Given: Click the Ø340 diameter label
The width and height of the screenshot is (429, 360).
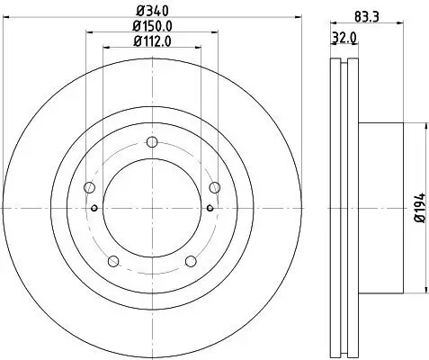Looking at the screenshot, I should (x=150, y=11).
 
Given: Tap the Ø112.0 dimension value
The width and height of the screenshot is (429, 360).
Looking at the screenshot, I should (x=150, y=41).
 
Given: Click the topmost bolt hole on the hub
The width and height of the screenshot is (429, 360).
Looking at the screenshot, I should (x=151, y=141).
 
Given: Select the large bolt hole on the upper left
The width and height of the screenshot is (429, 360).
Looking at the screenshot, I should (x=89, y=187).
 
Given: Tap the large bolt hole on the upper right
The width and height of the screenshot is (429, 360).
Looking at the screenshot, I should (x=214, y=187).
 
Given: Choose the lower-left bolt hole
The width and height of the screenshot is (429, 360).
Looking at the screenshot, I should (x=112, y=261).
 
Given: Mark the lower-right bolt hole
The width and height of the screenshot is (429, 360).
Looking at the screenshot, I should (x=190, y=261).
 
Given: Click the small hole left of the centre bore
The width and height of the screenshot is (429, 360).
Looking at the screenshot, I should (x=94, y=208).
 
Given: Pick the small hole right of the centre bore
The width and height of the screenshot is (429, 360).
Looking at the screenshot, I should (x=209, y=208).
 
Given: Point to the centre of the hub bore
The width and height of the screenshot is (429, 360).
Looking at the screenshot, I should (x=151, y=208).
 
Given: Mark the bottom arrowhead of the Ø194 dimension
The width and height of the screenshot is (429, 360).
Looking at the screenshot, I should (x=418, y=292).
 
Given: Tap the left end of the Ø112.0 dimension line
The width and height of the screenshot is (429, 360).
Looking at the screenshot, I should (x=103, y=49).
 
